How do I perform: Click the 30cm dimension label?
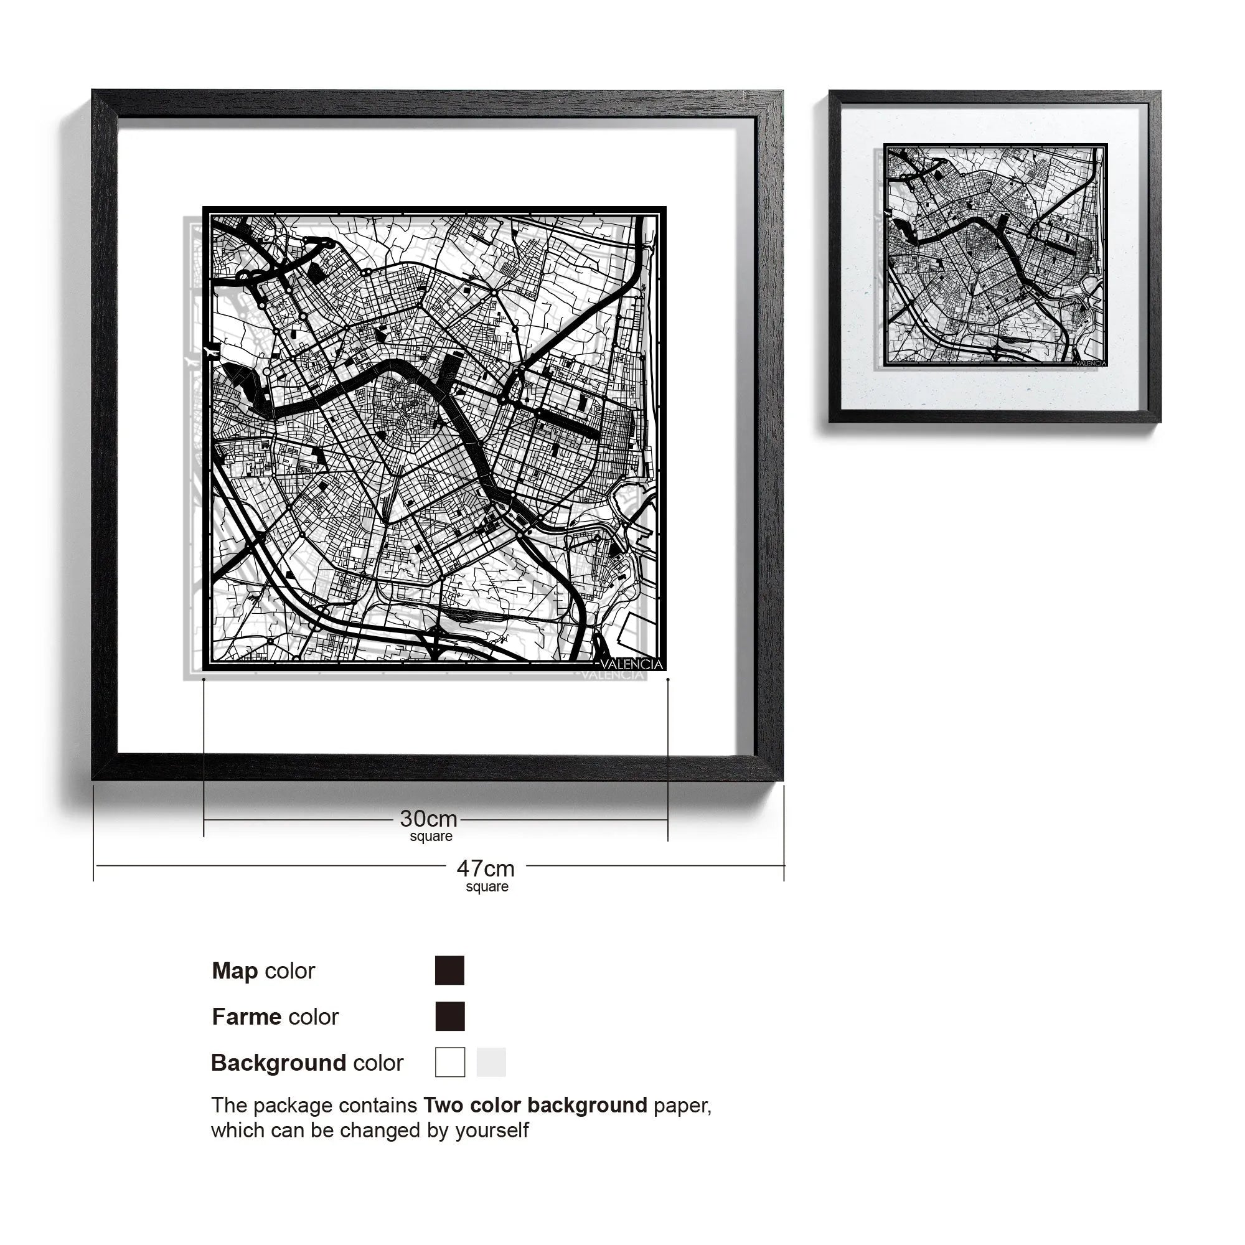[x=428, y=819]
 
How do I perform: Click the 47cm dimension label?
[x=486, y=868]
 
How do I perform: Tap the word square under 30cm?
[x=431, y=837]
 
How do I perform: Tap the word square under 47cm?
[x=487, y=886]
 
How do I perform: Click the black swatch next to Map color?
[x=450, y=970]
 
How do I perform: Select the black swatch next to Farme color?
[x=450, y=1017]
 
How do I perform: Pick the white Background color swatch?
[x=450, y=1062]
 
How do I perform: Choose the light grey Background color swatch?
[x=491, y=1062]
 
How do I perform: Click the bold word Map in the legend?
[x=235, y=970]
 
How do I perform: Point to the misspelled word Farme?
[x=247, y=1017]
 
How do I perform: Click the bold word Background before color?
[x=278, y=1063]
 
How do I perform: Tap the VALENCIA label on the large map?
[x=631, y=664]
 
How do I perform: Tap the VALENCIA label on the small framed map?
[x=1091, y=363]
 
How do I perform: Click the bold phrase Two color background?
[x=535, y=1105]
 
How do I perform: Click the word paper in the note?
[x=682, y=1106]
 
